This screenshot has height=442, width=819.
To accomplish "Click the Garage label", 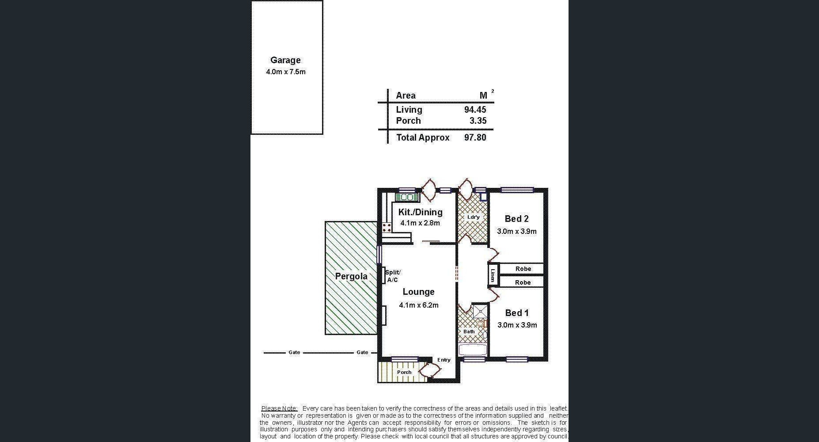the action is click(x=285, y=60).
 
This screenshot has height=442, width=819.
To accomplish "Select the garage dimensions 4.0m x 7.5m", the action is click(x=285, y=72).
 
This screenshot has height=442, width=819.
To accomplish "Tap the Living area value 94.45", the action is click(x=475, y=110).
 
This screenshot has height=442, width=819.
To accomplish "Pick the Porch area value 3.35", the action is click(x=478, y=121).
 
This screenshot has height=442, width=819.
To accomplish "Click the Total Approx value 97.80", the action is click(x=475, y=137).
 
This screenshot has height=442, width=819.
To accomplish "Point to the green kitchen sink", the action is click(x=407, y=197).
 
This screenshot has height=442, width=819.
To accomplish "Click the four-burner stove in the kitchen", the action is click(x=387, y=227).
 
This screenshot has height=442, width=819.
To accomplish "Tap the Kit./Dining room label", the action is click(x=420, y=212).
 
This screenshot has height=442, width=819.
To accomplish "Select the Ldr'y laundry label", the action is click(x=473, y=217).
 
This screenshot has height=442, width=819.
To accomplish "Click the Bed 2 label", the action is click(x=516, y=219).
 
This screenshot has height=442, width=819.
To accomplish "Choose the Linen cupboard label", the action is click(x=492, y=274).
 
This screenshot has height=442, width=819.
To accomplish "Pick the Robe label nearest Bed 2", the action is click(x=523, y=269).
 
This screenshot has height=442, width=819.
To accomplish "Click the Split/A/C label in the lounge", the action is click(x=392, y=276).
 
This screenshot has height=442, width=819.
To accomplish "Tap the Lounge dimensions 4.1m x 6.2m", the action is click(x=419, y=305).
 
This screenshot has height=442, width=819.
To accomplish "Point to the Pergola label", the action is click(x=351, y=277).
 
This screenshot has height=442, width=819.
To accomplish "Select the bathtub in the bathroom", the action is click(x=473, y=350).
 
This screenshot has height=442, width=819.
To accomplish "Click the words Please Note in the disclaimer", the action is click(x=279, y=408).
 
